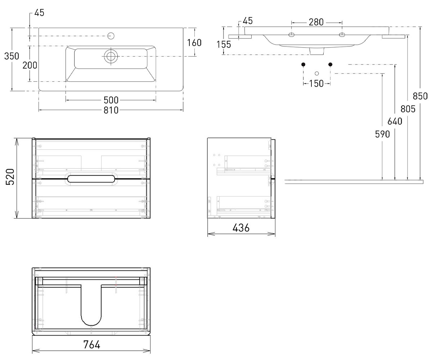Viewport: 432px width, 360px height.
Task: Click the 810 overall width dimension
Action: click(x=111, y=110)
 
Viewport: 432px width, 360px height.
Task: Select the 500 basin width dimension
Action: click(x=111, y=100)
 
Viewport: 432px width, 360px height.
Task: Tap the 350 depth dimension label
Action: click(x=12, y=56)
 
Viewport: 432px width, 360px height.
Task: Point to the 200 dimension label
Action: click(x=30, y=66)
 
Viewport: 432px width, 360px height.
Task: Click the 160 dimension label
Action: click(x=194, y=43)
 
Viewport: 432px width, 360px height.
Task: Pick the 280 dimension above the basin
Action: click(x=316, y=22)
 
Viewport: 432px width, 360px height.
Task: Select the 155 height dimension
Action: click(x=224, y=45)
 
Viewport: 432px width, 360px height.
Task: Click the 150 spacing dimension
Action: click(x=316, y=84)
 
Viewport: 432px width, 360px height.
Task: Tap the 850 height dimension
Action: click(x=420, y=96)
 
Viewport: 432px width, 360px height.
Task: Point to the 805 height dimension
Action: click(x=408, y=109)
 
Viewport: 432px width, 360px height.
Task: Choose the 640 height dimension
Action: click(x=395, y=121)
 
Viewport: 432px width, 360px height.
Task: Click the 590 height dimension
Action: click(x=382, y=134)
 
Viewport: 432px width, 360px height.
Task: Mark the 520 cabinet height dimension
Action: click(x=10, y=177)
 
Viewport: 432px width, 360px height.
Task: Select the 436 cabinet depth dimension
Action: click(x=241, y=228)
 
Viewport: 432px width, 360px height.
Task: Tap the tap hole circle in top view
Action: click(x=111, y=36)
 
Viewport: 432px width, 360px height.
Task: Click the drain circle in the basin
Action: click(x=111, y=56)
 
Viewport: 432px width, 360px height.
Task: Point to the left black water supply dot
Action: click(x=303, y=64)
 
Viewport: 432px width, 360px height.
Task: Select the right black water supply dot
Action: click(x=330, y=64)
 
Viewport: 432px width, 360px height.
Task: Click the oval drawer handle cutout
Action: click(x=91, y=179)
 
